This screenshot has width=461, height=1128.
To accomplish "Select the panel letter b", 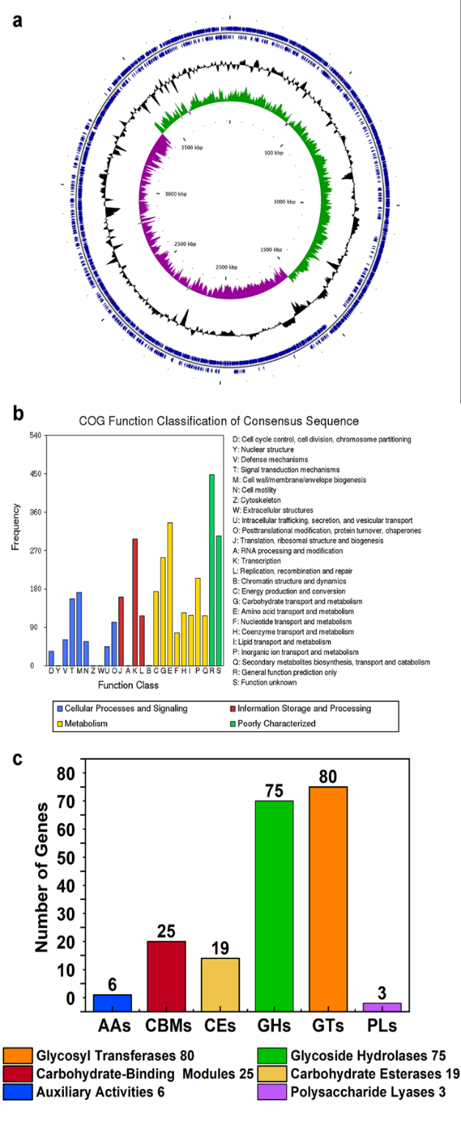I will (x=18, y=414).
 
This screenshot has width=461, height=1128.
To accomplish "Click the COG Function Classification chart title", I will (x=219, y=422).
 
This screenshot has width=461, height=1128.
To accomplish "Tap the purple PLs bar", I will (x=382, y=1006).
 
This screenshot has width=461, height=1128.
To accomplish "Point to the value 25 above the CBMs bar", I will (x=165, y=931).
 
